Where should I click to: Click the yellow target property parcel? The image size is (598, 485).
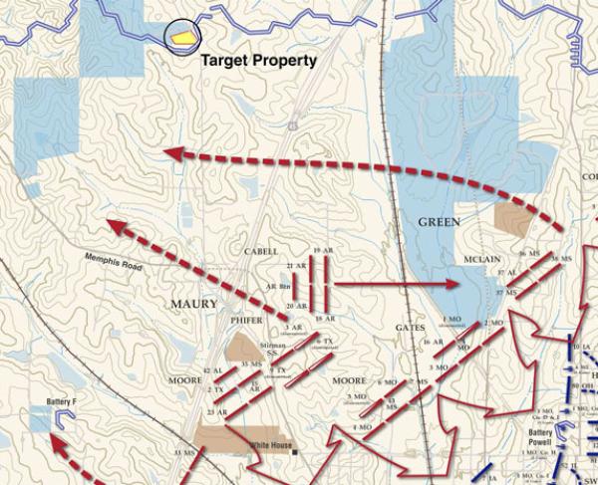click(x=181, y=35)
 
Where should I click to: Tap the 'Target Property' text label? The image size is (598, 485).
click(x=258, y=61)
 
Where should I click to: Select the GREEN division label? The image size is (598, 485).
click(x=440, y=222)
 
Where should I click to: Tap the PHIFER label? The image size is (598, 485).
click(x=246, y=321)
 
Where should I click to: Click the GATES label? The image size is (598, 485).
click(x=410, y=327)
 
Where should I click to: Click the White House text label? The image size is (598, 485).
click(x=271, y=445)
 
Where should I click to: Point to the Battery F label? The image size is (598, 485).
click(x=62, y=402)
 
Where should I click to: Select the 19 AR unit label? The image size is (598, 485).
click(x=322, y=249)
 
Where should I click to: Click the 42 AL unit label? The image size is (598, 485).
click(x=213, y=370)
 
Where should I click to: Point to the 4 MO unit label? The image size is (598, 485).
click(x=363, y=427)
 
